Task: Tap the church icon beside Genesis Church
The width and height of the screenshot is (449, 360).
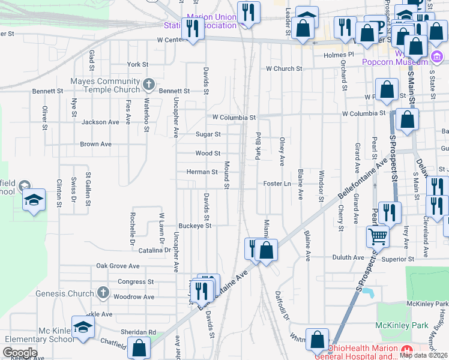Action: click(x=103, y=293)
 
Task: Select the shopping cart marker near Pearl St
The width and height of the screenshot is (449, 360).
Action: click(x=378, y=236)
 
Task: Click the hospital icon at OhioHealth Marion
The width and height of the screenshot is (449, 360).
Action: click(x=408, y=349)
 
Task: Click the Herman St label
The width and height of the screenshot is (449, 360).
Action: click(x=202, y=172)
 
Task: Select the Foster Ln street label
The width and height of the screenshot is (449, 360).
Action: click(x=277, y=184)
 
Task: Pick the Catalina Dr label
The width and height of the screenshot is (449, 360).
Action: click(x=155, y=250)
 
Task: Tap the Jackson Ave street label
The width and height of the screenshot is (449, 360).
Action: click(x=100, y=122)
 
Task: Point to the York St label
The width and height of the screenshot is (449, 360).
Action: click(x=137, y=64)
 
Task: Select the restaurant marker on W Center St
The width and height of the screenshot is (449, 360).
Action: click(x=193, y=29)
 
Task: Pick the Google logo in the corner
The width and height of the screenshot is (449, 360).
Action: click(x=20, y=353)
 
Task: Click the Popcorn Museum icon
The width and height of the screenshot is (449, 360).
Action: click(x=437, y=58)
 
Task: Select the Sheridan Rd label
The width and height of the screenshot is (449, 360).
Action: click(x=139, y=332)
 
